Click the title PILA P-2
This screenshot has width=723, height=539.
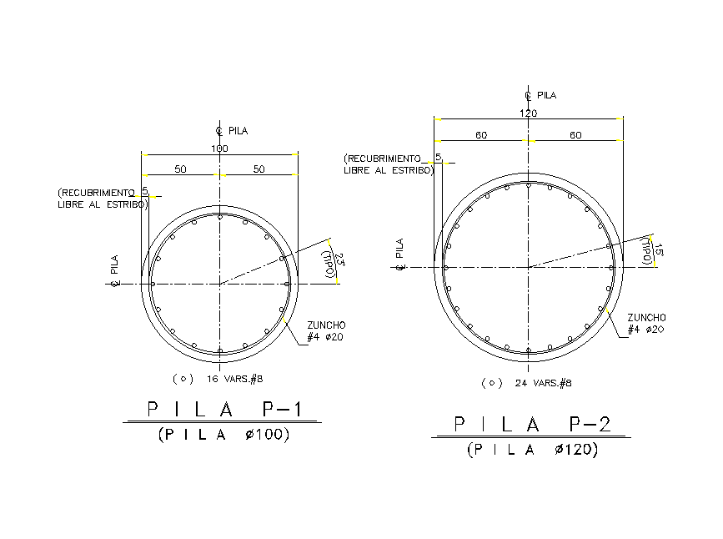[x=531, y=424]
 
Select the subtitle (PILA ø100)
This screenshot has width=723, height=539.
[x=223, y=434]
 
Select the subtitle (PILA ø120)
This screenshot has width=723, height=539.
[x=532, y=450]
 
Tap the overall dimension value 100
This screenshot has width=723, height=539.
[x=219, y=149]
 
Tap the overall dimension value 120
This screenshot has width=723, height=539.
[x=528, y=113]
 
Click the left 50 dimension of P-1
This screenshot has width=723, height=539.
[x=180, y=169]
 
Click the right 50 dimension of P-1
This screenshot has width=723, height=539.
[x=259, y=169]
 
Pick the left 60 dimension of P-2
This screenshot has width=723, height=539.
[x=481, y=135]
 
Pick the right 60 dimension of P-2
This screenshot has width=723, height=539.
[x=575, y=135]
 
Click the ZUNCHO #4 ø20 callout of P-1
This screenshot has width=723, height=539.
[x=326, y=330]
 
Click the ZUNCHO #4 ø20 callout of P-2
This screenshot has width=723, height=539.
[x=646, y=324]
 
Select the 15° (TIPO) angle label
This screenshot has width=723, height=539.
[x=653, y=250]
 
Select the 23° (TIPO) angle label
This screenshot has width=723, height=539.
[x=334, y=263]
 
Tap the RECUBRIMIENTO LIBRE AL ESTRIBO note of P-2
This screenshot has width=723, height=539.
[x=389, y=164]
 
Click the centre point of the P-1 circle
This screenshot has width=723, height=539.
[x=219, y=284]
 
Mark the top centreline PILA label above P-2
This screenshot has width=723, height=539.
[x=540, y=95]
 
